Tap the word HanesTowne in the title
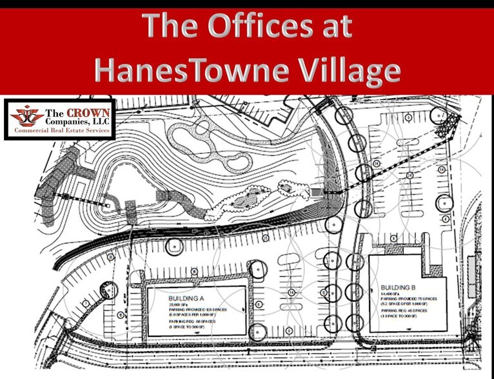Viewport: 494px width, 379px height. point(194,71)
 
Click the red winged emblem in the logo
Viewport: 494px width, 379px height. point(25,116)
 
